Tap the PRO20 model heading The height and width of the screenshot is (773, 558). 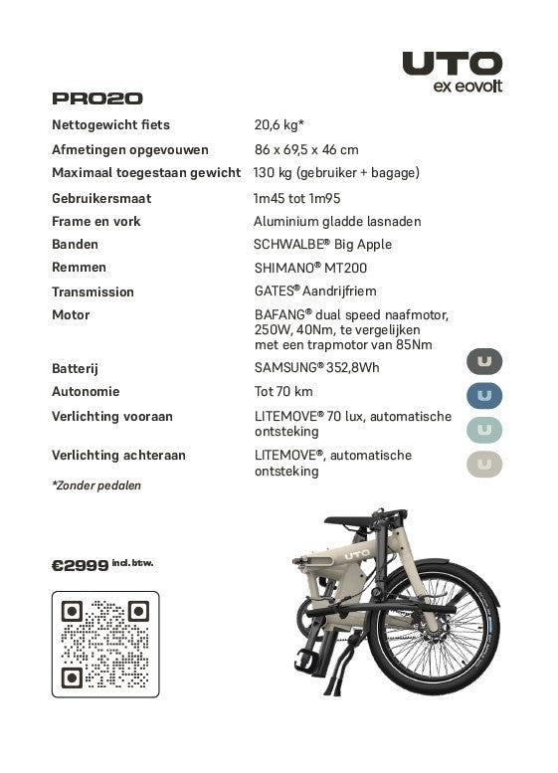(97, 98)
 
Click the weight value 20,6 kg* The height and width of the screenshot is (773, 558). (279, 125)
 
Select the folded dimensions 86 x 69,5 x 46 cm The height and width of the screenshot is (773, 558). (306, 150)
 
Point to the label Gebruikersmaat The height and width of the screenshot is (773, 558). (101, 198)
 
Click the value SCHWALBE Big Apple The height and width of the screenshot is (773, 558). (322, 245)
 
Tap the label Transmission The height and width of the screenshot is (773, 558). (93, 292)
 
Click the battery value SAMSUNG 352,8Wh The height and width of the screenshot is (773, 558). (316, 368)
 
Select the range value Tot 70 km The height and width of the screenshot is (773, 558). (283, 392)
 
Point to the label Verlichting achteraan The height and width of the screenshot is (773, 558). (118, 456)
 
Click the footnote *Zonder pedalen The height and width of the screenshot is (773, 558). (96, 486)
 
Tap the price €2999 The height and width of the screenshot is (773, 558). (80, 565)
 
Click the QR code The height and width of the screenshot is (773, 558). (104, 644)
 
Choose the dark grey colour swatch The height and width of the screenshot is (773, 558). (484, 361)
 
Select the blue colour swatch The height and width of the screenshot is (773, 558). (484, 396)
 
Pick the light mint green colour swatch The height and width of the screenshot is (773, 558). (484, 430)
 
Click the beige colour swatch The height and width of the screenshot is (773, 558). (484, 464)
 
